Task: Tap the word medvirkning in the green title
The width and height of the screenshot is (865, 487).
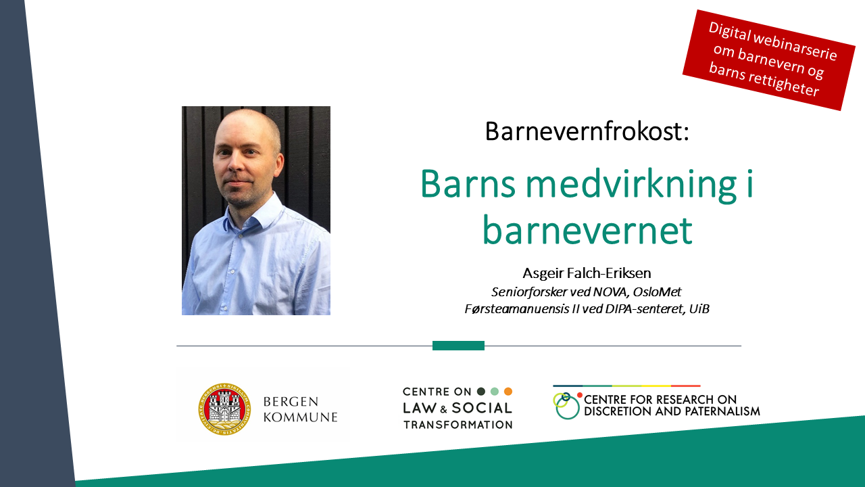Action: pos(631,185)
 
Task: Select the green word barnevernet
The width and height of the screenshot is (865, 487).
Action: pos(587,231)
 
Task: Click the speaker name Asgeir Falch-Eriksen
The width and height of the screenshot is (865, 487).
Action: pos(587,273)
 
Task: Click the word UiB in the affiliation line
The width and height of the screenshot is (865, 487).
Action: pos(699,309)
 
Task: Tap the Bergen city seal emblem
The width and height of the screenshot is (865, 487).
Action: pos(224,409)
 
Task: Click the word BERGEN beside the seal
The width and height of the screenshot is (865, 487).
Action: pos(291,402)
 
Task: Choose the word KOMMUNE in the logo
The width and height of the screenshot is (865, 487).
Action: pos(301,417)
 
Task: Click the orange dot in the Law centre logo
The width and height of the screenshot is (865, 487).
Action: pos(508,392)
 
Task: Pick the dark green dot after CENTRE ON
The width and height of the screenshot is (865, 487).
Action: pos(481,392)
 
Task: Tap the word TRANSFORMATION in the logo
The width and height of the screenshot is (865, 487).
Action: pos(458,425)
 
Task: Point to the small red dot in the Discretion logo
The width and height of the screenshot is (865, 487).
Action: pos(580,395)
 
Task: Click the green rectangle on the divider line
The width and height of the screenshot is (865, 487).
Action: pos(458,346)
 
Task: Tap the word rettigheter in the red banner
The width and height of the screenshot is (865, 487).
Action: pos(783,84)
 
